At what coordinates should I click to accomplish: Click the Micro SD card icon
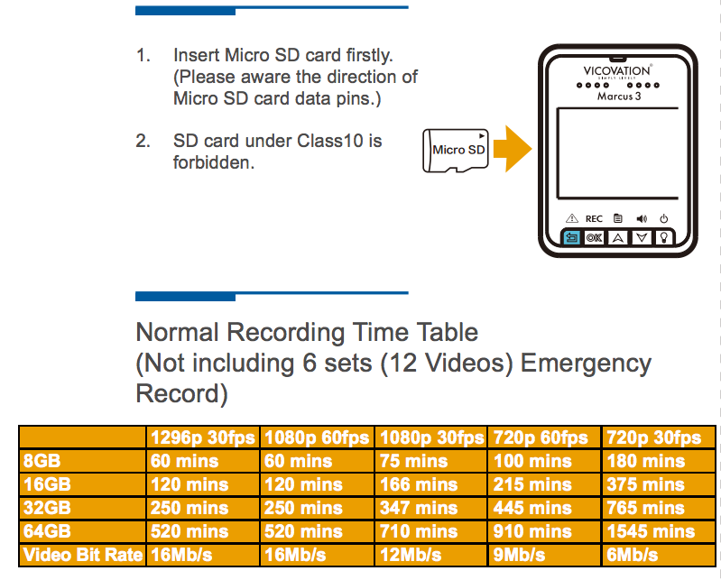pyautogui.click(x=455, y=151)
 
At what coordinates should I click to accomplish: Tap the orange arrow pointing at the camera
pyautogui.click(x=513, y=149)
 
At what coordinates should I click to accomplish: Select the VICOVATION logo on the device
pyautogui.click(x=617, y=70)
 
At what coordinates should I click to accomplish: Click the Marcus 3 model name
pyautogui.click(x=619, y=96)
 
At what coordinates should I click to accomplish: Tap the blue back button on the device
pyautogui.click(x=571, y=237)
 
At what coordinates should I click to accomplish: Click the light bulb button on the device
pyautogui.click(x=664, y=237)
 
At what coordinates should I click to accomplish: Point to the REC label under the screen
pyautogui.click(x=594, y=219)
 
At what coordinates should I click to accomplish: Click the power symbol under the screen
pyautogui.click(x=663, y=218)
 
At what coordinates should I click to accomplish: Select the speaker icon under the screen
pyautogui.click(x=642, y=218)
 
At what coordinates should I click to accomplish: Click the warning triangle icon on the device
pyautogui.click(x=571, y=218)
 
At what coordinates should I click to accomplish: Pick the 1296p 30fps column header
pyautogui.click(x=203, y=437)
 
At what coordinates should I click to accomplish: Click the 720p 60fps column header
pyautogui.click(x=541, y=437)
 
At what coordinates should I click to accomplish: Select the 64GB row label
pyautogui.click(x=47, y=531)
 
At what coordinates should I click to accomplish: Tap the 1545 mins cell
pyautogui.click(x=651, y=531)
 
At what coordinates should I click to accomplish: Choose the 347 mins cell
pyautogui.click(x=419, y=508)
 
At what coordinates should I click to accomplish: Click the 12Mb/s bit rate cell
pyautogui.click(x=411, y=555)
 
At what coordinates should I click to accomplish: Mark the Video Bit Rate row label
pyautogui.click(x=83, y=555)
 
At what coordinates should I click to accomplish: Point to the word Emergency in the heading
pyautogui.click(x=586, y=364)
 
